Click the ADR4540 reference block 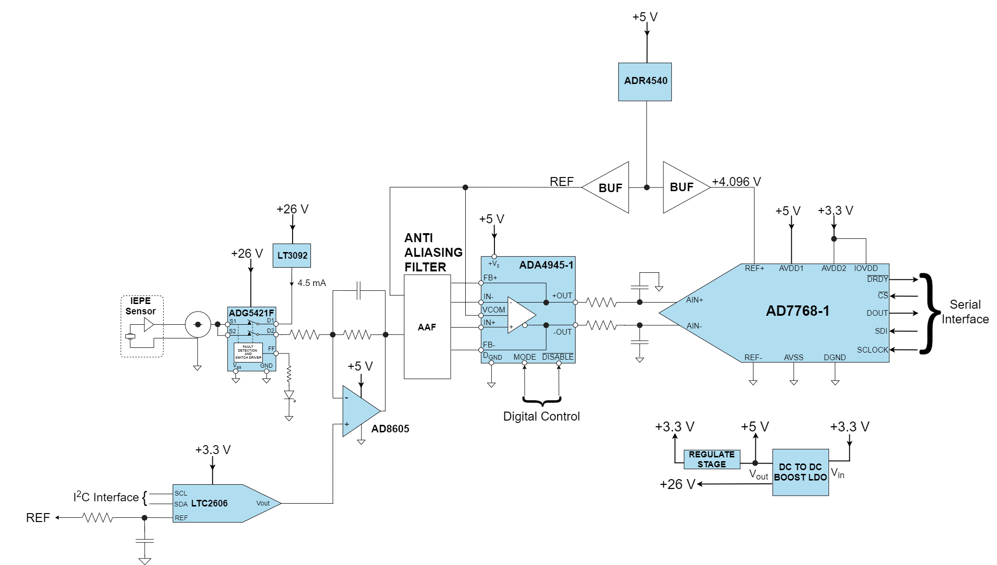[x=645, y=81]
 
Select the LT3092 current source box [x=292, y=255]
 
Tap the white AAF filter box [x=427, y=327]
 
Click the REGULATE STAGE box [x=712, y=459]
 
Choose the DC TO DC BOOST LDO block [x=800, y=472]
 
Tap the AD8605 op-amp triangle [x=359, y=411]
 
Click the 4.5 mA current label [x=311, y=283]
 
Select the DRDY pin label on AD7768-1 [x=877, y=279]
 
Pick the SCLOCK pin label [x=872, y=350]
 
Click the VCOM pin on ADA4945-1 [x=494, y=310]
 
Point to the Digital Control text [x=541, y=416]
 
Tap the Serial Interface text [x=965, y=312]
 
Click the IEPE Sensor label [x=140, y=306]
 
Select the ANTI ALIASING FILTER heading [x=433, y=253]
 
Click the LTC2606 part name [x=209, y=503]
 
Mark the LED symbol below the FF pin [x=289, y=395]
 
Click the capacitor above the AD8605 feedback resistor [x=359, y=291]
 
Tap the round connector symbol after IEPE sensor [x=198, y=324]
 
